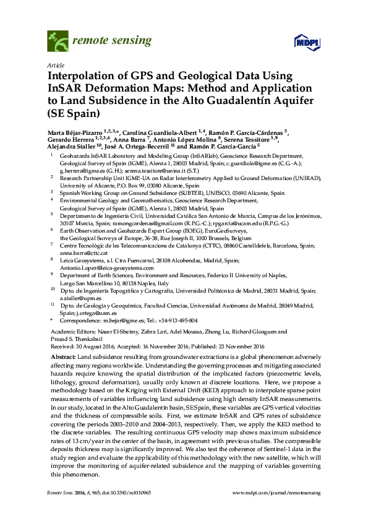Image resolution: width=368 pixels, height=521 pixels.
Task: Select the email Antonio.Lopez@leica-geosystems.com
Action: click(x=109, y=268)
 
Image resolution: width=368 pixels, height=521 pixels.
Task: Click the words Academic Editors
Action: click(x=69, y=332)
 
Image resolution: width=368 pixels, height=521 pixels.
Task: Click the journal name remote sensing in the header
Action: click(x=112, y=41)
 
